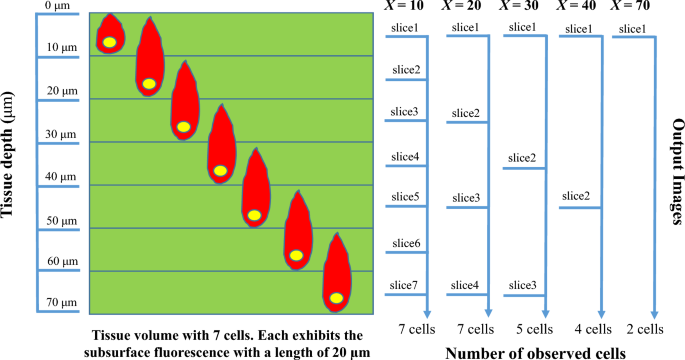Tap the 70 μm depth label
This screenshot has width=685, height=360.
point(62,303)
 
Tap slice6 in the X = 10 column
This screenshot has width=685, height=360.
point(404,244)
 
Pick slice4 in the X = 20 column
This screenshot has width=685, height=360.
point(465,286)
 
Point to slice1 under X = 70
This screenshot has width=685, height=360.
point(632,28)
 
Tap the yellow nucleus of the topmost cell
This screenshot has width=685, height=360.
point(107,42)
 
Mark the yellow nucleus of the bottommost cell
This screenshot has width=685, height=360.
point(337,296)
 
